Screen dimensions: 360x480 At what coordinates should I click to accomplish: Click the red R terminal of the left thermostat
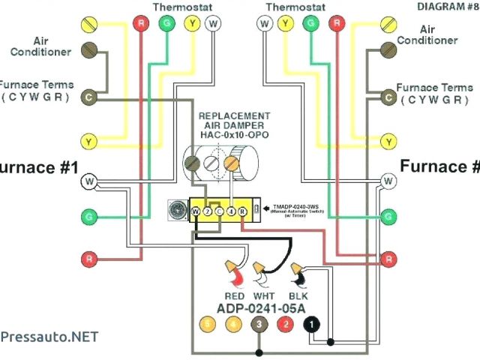[140, 24]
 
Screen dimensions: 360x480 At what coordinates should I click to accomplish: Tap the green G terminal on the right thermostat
[307, 24]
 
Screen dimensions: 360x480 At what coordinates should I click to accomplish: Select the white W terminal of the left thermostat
[214, 24]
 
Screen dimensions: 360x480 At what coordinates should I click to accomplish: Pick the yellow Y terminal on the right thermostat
[284, 24]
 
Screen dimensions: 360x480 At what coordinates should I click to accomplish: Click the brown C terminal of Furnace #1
[89, 97]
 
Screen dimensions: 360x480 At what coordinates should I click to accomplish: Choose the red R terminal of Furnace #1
[89, 259]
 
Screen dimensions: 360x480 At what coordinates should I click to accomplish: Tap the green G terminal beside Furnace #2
[388, 217]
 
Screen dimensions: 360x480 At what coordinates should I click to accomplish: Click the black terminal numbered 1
[309, 325]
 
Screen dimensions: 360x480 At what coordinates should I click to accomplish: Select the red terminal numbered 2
[285, 325]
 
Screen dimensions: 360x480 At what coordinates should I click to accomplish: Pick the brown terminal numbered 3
[259, 325]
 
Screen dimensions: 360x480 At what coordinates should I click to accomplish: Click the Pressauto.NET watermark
[49, 337]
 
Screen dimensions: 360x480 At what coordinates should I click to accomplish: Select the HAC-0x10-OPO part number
[234, 136]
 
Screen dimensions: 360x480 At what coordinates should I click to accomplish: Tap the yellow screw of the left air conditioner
[89, 24]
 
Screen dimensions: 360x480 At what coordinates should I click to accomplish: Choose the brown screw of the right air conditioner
[388, 50]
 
